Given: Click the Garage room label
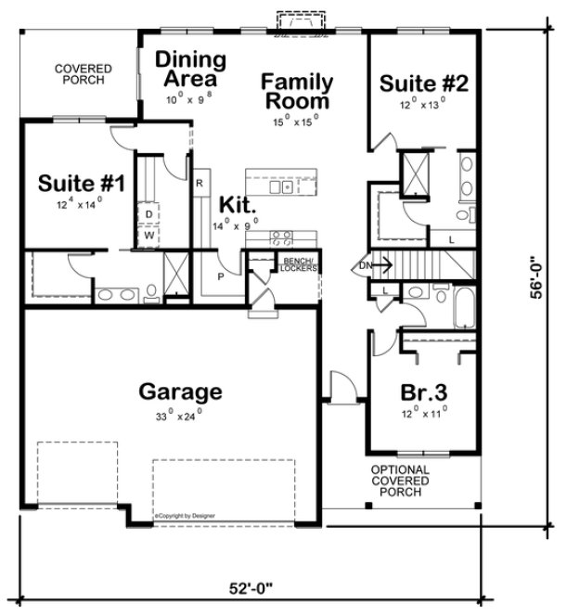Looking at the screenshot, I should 180,391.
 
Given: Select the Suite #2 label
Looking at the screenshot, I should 424,83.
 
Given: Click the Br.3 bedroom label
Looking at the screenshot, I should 424,391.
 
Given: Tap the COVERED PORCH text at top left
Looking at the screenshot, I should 83,75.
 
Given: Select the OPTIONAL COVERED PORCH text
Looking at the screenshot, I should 400,481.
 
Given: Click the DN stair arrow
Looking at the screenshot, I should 372,266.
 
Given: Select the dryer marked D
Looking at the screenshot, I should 148,214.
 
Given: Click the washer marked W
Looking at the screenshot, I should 148,236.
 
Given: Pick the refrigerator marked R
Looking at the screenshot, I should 199,183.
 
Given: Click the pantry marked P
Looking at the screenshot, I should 221,276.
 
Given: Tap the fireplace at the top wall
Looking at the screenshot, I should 297,19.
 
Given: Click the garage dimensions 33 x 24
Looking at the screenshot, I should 179,416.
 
